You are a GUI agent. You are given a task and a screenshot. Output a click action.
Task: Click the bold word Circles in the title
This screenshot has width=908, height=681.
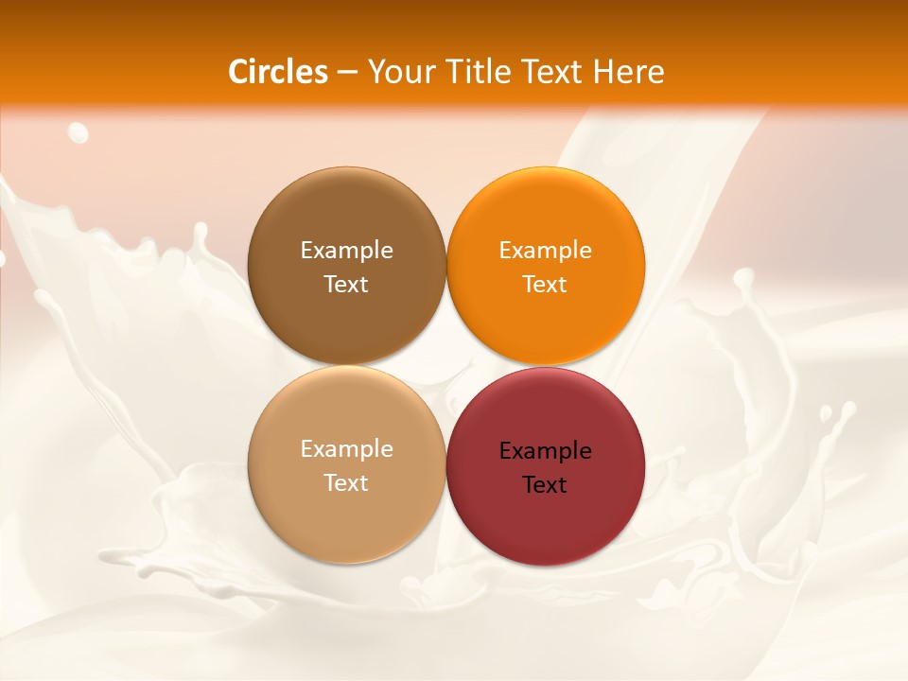pos(277,72)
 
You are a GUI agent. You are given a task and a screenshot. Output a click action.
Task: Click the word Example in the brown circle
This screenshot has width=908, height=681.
pos(346,251)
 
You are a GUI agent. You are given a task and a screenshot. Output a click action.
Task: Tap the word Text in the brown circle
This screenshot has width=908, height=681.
pos(346,285)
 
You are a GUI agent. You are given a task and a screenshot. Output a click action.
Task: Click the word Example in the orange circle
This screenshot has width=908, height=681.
pos(545,251)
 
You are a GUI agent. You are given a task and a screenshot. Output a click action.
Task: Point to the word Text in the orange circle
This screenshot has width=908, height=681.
pos(545,285)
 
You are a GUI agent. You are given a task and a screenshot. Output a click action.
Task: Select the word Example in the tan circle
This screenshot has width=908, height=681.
pos(346,449)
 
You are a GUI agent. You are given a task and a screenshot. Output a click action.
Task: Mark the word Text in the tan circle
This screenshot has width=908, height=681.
pos(346,483)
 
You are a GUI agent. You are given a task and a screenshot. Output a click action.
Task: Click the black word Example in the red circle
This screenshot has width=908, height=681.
pos(545,451)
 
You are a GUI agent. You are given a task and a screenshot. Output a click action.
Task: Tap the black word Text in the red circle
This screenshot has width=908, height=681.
pos(545,485)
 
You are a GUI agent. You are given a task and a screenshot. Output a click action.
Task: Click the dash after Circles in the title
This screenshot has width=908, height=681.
pos(347,73)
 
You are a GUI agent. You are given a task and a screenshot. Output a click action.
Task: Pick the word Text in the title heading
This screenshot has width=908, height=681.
pos(551,72)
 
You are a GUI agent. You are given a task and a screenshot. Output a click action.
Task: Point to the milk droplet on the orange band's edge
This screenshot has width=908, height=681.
pos(78,132)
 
